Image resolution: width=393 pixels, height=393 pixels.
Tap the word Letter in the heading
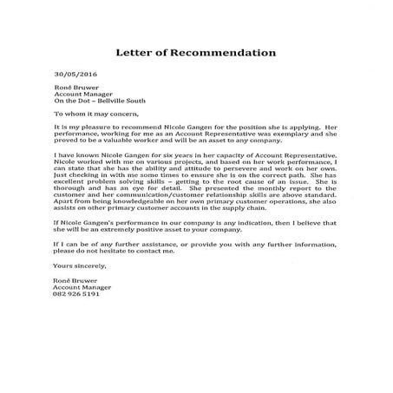139,53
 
